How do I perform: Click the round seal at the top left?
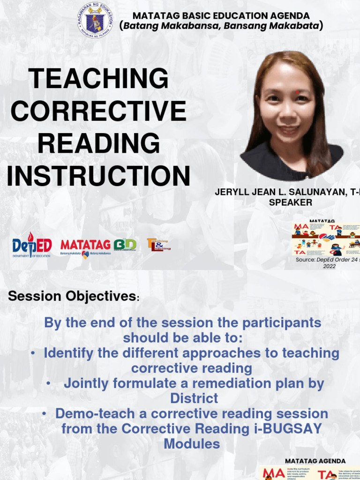[x=95, y=21]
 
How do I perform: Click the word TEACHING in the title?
[x=98, y=78]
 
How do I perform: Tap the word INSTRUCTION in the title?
[x=98, y=176]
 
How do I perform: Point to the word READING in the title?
[x=98, y=143]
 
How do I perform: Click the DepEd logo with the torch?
[x=31, y=245]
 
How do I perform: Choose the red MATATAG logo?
[x=85, y=245]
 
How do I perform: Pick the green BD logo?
[x=125, y=245]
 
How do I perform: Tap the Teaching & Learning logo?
[x=158, y=245]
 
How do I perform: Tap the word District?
[x=194, y=398]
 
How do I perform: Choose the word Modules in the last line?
[x=192, y=444]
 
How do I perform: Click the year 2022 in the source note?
[x=330, y=266]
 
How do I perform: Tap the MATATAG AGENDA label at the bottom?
[x=315, y=461]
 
